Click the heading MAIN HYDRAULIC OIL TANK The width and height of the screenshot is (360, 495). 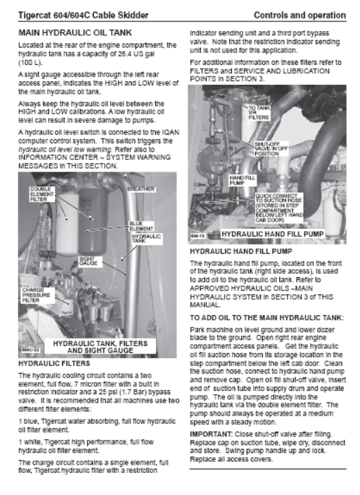coord(75,33)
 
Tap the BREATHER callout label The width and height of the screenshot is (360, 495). coord(141,189)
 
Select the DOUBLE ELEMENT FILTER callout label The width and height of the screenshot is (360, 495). coord(42,194)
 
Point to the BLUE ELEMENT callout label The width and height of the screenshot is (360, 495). coord(141,226)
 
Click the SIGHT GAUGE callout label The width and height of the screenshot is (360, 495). coord(88,261)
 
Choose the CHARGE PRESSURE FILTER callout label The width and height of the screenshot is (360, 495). coord(36,295)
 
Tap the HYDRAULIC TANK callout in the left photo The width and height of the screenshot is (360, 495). coord(146,239)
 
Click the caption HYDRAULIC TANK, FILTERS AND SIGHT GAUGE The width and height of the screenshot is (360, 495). coord(100,347)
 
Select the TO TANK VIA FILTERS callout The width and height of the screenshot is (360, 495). coord(259,112)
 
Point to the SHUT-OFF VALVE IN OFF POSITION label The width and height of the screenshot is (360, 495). coord(271,149)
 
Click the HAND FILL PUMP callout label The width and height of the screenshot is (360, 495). coord(242,180)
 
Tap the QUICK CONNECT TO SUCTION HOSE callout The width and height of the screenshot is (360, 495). coord(279,208)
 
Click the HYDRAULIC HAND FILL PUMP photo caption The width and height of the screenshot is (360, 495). coord(272,234)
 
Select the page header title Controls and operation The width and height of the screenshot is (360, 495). coord(300,15)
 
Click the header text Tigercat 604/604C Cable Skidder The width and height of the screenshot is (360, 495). coord(83,15)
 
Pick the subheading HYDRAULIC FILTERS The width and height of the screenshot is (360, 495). coord(54,363)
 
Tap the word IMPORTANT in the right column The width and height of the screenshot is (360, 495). coord(211,434)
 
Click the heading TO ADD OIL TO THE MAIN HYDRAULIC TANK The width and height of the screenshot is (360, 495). coord(266,318)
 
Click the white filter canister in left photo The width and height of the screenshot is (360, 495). coord(67,224)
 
